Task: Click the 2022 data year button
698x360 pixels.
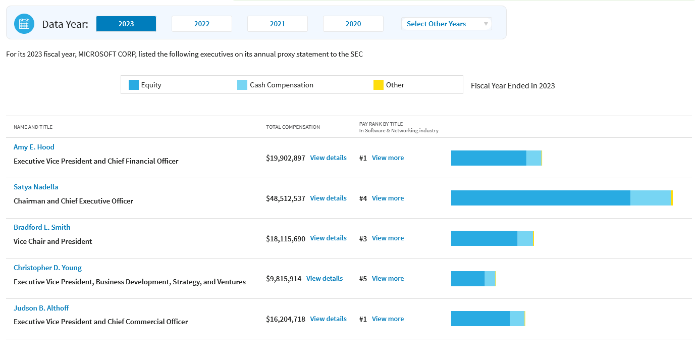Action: click(x=201, y=24)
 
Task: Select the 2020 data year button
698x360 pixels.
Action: click(x=353, y=24)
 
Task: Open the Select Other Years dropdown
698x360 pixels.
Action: click(x=447, y=24)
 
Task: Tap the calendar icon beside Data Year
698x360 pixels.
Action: click(x=24, y=24)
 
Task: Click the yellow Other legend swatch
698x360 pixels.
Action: click(x=379, y=85)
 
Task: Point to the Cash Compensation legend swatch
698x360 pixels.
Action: click(x=242, y=85)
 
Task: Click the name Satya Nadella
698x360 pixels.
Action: click(x=36, y=187)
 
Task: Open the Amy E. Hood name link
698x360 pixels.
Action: click(x=34, y=147)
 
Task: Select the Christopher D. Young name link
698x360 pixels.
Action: click(x=47, y=268)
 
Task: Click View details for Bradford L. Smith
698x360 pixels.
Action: click(x=328, y=238)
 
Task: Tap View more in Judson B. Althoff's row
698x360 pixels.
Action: click(x=388, y=319)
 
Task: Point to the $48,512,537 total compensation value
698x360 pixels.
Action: click(x=286, y=198)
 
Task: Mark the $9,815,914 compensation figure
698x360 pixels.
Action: click(x=284, y=279)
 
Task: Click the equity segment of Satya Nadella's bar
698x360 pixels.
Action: click(x=541, y=198)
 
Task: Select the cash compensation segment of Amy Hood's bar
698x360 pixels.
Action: click(x=534, y=158)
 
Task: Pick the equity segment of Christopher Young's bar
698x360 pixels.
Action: click(x=468, y=279)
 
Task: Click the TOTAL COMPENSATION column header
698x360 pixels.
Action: click(x=293, y=127)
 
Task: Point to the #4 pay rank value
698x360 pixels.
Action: click(x=363, y=198)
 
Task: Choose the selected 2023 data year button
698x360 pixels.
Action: click(x=126, y=24)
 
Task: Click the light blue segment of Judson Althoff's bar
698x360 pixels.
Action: click(x=517, y=319)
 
